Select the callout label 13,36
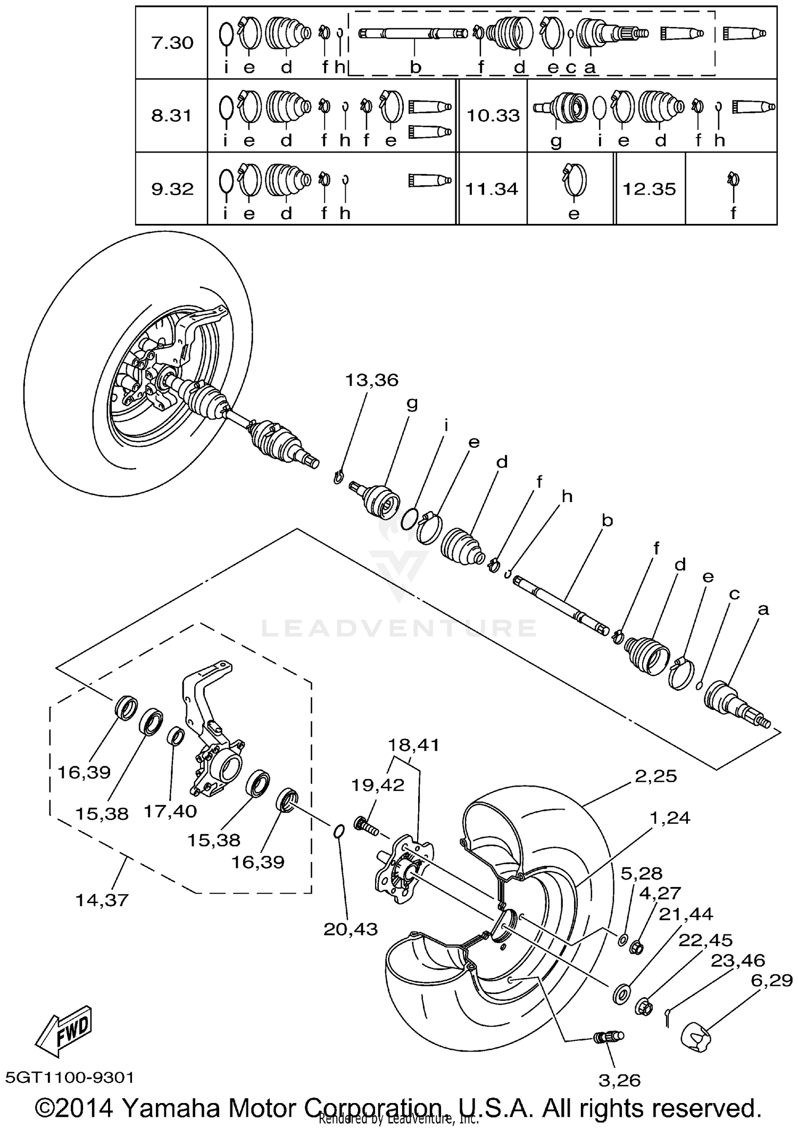tap(371, 380)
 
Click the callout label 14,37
tap(102, 900)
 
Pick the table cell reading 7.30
tap(172, 43)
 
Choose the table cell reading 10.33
tap(493, 115)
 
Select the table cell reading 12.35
tap(649, 189)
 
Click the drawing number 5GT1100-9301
tap(69, 1077)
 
